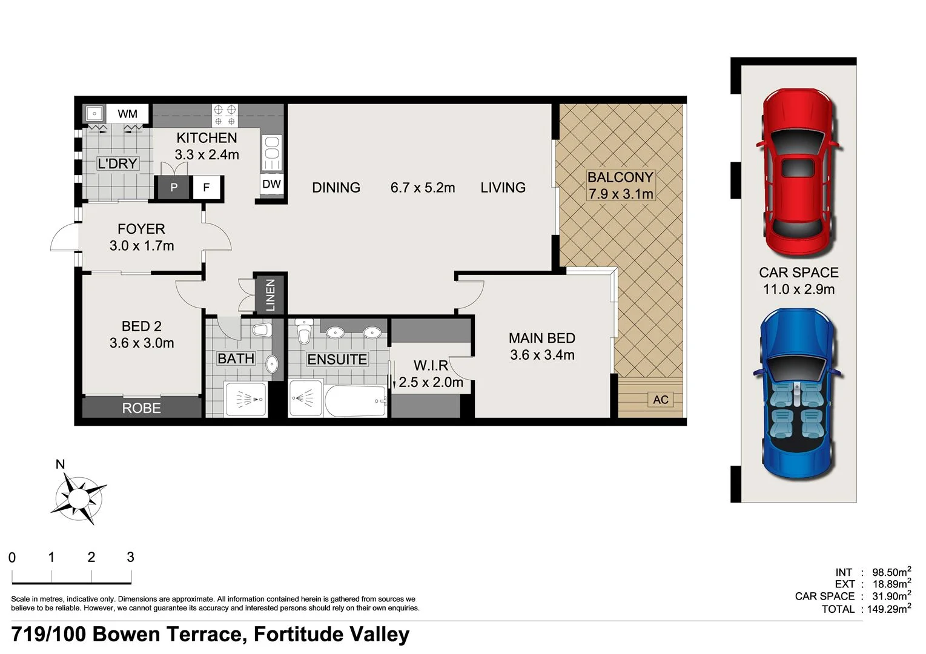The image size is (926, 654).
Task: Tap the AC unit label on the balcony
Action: [x=661, y=400]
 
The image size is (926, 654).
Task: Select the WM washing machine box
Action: [x=128, y=114]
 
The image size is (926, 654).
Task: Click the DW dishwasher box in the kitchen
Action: [x=271, y=184]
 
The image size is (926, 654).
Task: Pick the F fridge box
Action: [x=207, y=188]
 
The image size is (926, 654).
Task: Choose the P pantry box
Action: [x=174, y=188]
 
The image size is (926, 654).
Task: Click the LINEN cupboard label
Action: [x=270, y=295]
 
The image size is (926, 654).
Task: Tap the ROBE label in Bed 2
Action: [x=142, y=408]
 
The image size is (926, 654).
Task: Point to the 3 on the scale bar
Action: [x=130, y=557]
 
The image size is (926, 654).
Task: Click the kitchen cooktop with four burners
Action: [x=225, y=114]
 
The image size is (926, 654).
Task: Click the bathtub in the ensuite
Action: [x=356, y=401]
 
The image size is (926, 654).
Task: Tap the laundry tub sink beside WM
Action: [x=94, y=113]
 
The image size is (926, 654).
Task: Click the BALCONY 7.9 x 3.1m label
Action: [x=620, y=185]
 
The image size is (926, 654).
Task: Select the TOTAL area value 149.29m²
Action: [x=888, y=609]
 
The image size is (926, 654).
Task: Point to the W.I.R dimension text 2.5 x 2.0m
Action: [x=431, y=382]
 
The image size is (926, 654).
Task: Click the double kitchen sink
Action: [x=272, y=153]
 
